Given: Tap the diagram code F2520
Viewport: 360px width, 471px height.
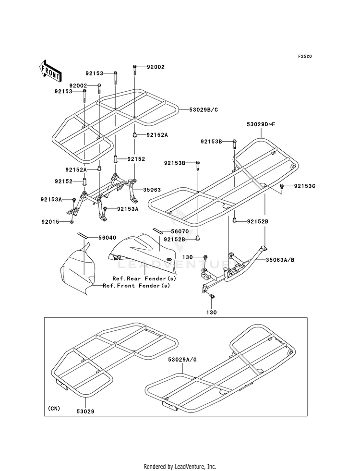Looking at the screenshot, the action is (305, 56).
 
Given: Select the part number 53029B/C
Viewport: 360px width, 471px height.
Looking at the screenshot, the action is (203, 110).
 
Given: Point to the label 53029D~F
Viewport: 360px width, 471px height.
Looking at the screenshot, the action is (261, 124).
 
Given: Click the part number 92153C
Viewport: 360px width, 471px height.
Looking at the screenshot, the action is (305, 186).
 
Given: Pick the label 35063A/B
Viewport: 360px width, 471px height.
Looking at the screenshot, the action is (280, 260).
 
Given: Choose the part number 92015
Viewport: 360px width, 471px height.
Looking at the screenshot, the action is (50, 222).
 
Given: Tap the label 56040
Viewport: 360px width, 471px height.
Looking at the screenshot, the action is (107, 238).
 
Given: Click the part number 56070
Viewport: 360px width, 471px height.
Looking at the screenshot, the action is (180, 231).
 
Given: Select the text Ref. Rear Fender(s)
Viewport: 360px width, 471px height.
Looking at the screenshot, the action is (144, 278).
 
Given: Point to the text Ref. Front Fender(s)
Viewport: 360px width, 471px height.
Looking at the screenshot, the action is (136, 286).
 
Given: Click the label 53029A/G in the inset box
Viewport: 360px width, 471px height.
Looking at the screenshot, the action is (182, 360).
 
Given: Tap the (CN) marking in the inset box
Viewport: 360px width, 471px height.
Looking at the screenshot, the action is (54, 409).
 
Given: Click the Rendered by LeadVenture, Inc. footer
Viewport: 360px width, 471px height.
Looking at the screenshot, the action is (180, 467).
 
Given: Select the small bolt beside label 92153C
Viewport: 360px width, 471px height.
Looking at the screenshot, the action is (282, 187).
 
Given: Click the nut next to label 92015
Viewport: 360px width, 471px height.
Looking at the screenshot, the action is (72, 222).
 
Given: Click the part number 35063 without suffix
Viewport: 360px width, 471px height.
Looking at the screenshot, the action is (152, 190).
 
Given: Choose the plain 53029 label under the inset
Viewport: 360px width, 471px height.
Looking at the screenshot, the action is (85, 411).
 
